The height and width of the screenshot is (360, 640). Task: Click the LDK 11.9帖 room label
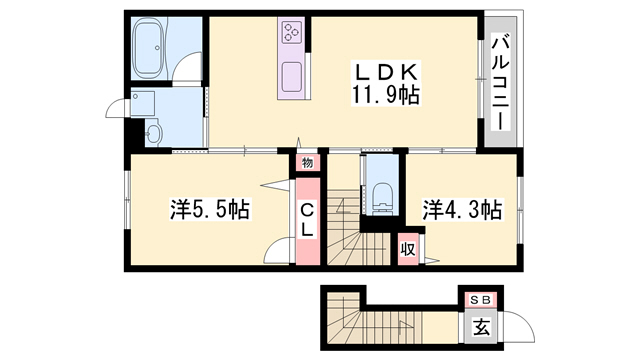[x=385, y=84]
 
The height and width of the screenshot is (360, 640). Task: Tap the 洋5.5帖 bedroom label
[x=210, y=209]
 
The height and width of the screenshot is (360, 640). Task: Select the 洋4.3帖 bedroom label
[x=462, y=209]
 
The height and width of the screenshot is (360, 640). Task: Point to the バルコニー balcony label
[x=501, y=82]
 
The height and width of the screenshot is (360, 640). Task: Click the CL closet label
[x=307, y=221]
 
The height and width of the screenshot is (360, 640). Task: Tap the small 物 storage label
[x=308, y=163]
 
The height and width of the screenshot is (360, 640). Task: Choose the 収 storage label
[x=407, y=249]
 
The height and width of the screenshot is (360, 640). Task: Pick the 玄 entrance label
[x=481, y=327]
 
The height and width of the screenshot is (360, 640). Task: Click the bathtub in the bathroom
[x=149, y=49]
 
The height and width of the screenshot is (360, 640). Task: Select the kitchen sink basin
[x=292, y=78]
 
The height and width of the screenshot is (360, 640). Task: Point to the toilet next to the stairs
[x=382, y=198]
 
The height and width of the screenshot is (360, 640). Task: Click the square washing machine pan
[x=142, y=104]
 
